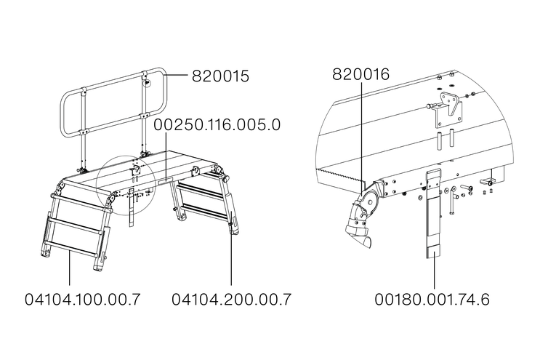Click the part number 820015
point(220,76)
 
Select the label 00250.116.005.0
point(217,124)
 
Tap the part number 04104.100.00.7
point(83,299)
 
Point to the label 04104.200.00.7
point(231,299)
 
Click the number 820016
point(360,74)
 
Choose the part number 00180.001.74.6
point(432,300)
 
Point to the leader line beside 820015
point(177,74)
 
